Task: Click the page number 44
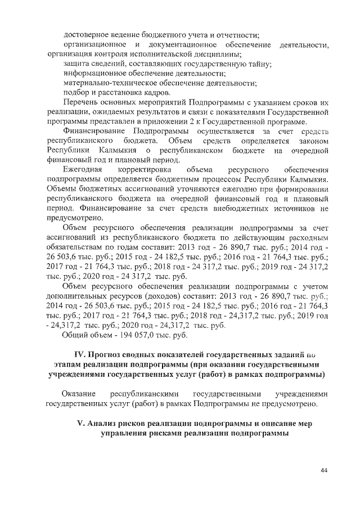click(x=324, y=470)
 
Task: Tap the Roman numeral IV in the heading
click(x=79, y=354)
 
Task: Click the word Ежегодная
click(x=83, y=169)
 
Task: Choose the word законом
click(x=309, y=141)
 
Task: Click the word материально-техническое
click(x=105, y=83)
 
